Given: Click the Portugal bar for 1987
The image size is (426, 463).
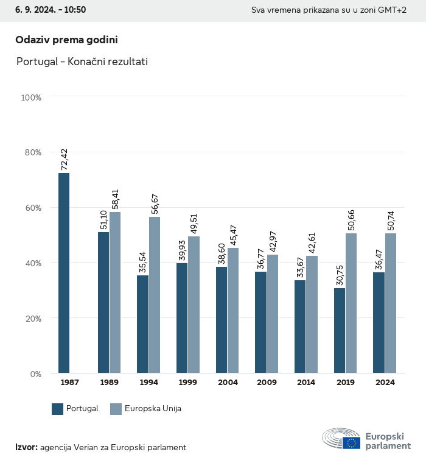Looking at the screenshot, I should (x=64, y=273).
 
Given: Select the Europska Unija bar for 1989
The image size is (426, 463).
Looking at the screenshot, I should (x=115, y=292).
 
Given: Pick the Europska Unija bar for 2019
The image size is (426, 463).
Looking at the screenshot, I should (x=351, y=303).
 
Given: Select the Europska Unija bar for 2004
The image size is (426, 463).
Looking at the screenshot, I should (x=233, y=311).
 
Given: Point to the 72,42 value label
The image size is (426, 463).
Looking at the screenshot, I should (x=64, y=160).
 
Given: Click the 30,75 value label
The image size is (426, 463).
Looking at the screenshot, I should (x=339, y=275).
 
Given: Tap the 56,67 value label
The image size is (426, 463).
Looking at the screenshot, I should (x=155, y=203).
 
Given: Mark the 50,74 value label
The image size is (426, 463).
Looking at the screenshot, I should (x=391, y=220).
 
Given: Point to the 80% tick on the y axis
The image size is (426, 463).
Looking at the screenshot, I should (x=32, y=152).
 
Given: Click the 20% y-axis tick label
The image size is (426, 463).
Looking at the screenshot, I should (x=32, y=319).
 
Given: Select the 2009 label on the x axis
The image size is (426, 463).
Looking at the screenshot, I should (x=267, y=383).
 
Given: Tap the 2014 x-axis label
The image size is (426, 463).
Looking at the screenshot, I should (x=306, y=383).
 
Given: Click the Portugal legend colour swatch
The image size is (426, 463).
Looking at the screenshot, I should (x=58, y=409).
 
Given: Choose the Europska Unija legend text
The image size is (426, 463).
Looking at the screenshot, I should (x=153, y=409).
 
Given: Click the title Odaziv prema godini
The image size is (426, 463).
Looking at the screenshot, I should (x=66, y=40).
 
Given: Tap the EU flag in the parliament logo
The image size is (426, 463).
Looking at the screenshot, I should (x=351, y=443).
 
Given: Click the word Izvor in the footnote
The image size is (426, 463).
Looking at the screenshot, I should (x=26, y=447).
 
